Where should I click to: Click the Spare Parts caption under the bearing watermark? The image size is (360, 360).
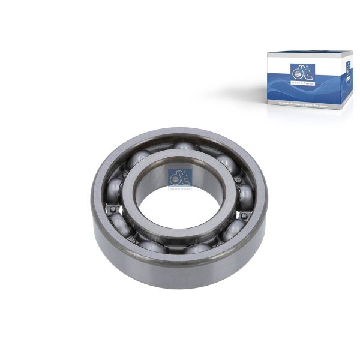180,188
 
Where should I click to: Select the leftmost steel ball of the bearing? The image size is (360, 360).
114,191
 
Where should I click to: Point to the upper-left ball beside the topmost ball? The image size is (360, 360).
139,158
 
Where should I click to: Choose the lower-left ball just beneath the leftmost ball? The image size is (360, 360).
120,223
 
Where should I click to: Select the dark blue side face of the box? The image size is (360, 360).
347,84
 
